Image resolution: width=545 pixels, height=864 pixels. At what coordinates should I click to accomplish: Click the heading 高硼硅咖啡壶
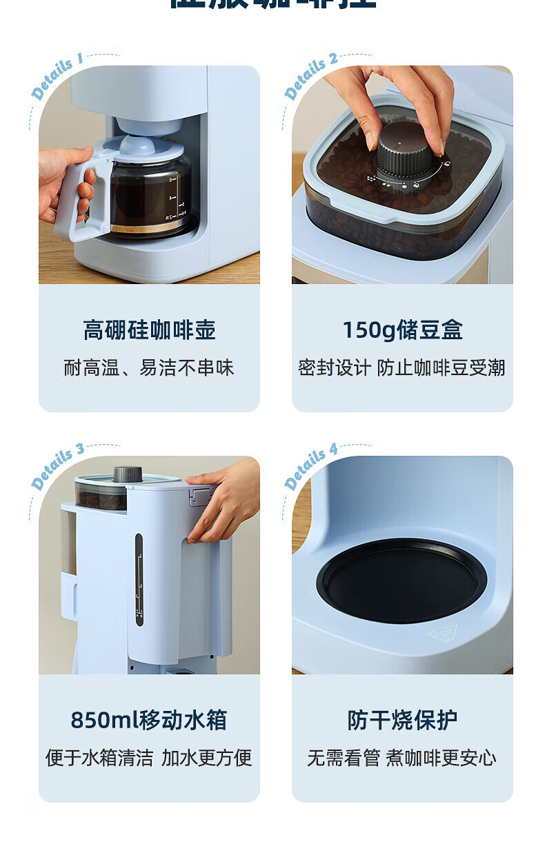(x=149, y=330)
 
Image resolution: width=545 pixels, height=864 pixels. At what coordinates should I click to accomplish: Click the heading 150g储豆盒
(x=402, y=330)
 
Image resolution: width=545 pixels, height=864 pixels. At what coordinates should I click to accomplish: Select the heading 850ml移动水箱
(x=149, y=721)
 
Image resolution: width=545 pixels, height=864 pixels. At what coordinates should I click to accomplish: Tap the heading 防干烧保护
(x=402, y=721)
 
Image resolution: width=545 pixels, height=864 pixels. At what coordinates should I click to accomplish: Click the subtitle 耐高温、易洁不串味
(x=149, y=368)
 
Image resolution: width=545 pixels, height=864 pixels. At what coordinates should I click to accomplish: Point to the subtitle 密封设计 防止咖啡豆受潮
(x=402, y=368)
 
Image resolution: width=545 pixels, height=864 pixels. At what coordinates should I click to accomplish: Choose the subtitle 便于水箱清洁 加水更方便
(x=149, y=758)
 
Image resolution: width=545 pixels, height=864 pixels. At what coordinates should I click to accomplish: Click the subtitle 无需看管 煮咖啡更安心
(x=402, y=758)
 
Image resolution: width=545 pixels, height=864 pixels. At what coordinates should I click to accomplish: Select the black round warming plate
(x=402, y=579)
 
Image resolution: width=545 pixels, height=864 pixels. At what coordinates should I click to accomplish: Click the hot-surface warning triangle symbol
(x=440, y=632)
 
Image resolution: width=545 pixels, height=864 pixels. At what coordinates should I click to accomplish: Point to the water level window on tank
(x=139, y=579)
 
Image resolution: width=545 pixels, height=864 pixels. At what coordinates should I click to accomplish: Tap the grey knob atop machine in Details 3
(x=128, y=474)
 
